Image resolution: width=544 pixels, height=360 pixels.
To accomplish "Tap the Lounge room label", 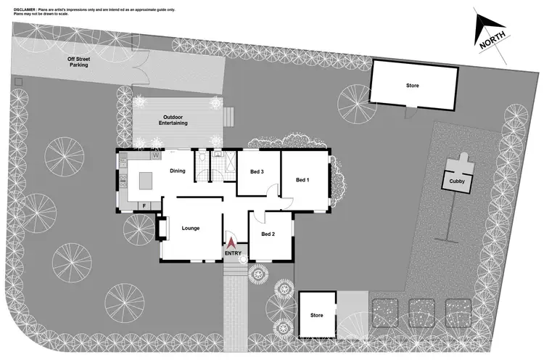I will (x=190, y=229).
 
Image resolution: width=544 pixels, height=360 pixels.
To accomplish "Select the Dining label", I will (x=177, y=171).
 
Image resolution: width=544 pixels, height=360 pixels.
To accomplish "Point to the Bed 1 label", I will (x=302, y=180).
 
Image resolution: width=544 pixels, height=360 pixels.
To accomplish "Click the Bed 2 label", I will (x=268, y=234).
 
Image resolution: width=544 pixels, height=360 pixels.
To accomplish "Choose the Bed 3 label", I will (x=257, y=172).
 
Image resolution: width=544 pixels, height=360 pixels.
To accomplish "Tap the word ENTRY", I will (x=233, y=253).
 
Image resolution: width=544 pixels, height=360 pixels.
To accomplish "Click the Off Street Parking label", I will (x=78, y=62).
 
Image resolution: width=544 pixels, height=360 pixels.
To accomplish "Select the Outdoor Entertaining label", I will (x=174, y=120).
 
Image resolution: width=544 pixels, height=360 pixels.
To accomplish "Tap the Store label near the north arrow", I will (x=412, y=86).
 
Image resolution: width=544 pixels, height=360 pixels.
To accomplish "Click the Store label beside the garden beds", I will (x=316, y=316).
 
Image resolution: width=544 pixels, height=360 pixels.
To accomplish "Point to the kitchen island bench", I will (x=147, y=179).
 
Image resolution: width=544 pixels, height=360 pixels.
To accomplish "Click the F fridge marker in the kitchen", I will (x=144, y=205).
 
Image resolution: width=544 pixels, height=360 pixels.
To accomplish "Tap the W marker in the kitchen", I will (x=155, y=155).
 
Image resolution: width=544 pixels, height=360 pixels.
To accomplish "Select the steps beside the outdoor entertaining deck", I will (x=228, y=117).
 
